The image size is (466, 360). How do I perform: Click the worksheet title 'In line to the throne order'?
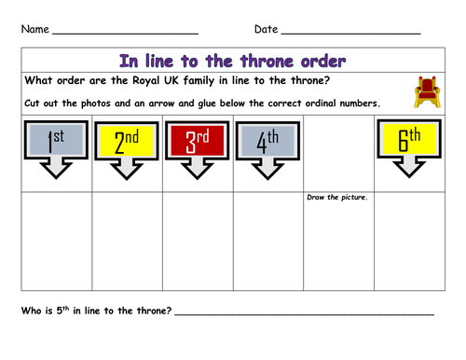[233, 60]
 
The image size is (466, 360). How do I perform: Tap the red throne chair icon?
[424, 91]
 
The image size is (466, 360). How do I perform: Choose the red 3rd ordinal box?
[198, 142]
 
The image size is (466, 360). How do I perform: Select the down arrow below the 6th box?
[411, 167]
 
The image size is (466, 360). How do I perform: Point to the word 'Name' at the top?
[35, 29]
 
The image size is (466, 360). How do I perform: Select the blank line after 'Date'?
[350, 34]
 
